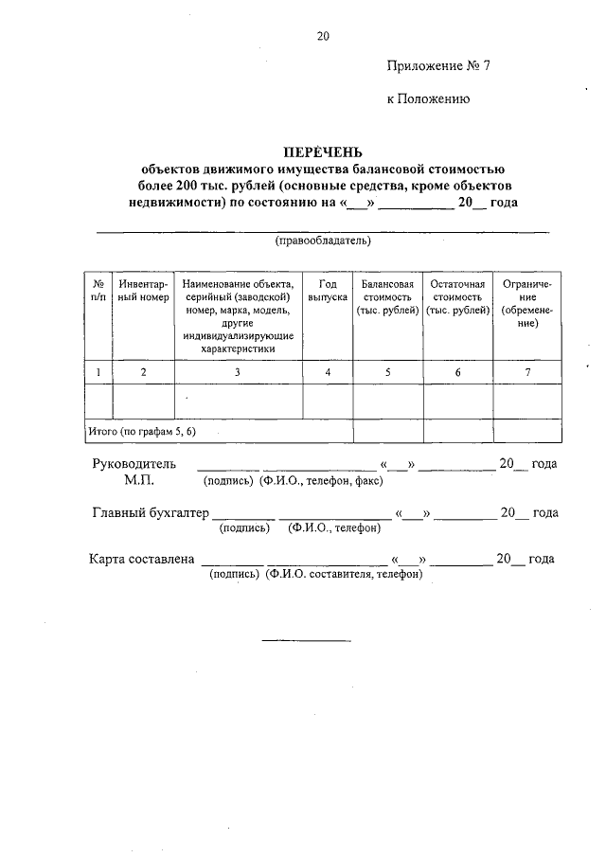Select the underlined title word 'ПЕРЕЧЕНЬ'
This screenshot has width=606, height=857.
point(323,152)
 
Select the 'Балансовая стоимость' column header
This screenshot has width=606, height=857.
point(387,297)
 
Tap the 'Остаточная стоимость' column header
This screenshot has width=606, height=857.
point(457,297)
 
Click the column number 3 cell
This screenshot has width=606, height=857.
point(238,372)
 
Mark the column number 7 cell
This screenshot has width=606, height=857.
point(527,372)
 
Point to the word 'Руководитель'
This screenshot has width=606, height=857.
point(134,464)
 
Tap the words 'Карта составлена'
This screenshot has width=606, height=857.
point(142,559)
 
